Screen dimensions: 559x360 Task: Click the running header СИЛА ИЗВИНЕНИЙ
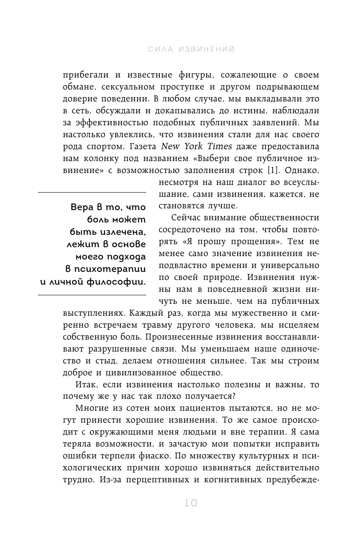[x=192, y=50]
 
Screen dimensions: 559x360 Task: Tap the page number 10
[x=191, y=503]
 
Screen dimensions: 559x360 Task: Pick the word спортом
[x=98, y=147]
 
